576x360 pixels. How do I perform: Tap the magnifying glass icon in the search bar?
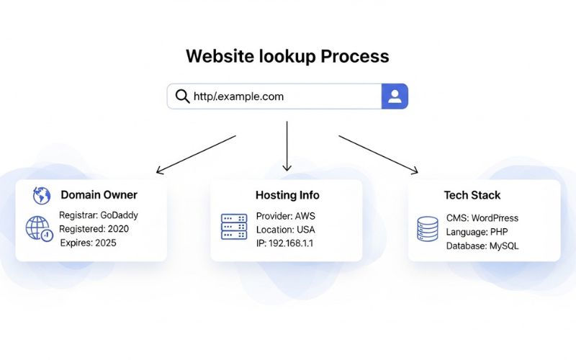tap(183, 96)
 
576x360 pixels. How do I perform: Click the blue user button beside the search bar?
tap(395, 96)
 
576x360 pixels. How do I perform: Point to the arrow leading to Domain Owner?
tap(196, 154)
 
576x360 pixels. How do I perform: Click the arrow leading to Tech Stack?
tap(378, 154)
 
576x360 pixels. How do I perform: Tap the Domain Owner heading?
tap(99, 195)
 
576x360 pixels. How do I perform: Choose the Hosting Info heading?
tap(287, 195)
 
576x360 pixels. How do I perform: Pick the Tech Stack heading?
tap(472, 195)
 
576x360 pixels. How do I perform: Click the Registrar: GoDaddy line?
tap(99, 215)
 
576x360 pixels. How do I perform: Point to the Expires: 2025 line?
tap(88, 243)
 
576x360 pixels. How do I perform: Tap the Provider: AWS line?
tap(285, 216)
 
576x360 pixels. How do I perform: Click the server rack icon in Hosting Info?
tap(233, 226)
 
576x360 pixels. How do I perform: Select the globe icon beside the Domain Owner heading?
tap(41, 195)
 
